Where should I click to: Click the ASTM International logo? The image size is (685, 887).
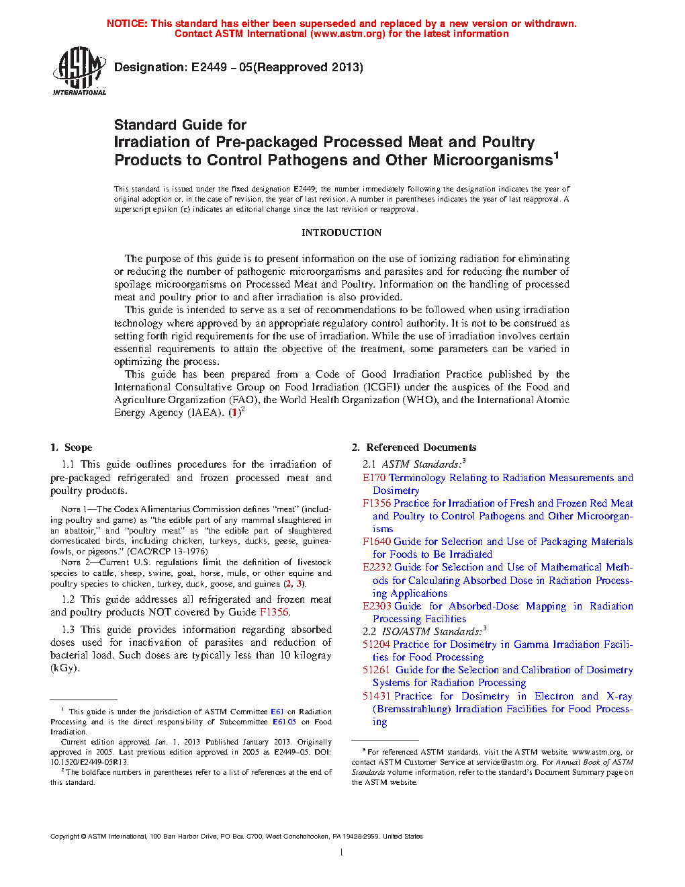coord(79,71)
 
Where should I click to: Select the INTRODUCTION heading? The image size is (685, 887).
coord(341,233)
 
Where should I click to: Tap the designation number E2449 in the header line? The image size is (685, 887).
coord(209,67)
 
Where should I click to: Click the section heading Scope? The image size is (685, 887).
coord(78,448)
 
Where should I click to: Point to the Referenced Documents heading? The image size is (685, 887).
coord(421,448)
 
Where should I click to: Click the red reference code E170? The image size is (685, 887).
coord(374,478)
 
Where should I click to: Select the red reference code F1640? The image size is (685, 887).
coord(377,542)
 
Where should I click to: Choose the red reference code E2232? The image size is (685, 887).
coord(377,567)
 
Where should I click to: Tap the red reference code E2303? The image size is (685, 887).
coord(377,606)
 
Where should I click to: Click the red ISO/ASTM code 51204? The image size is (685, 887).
coord(376,644)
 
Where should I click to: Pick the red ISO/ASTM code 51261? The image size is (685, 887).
coord(376,670)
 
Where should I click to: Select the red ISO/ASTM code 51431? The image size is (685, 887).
coord(376,696)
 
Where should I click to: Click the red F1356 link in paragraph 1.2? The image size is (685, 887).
coord(274,612)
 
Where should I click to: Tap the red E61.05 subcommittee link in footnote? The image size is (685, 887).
coord(284,722)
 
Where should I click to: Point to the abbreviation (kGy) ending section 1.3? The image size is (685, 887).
coord(64,668)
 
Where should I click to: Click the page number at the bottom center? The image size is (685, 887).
coord(342,853)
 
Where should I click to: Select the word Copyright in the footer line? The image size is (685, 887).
coord(64,837)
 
